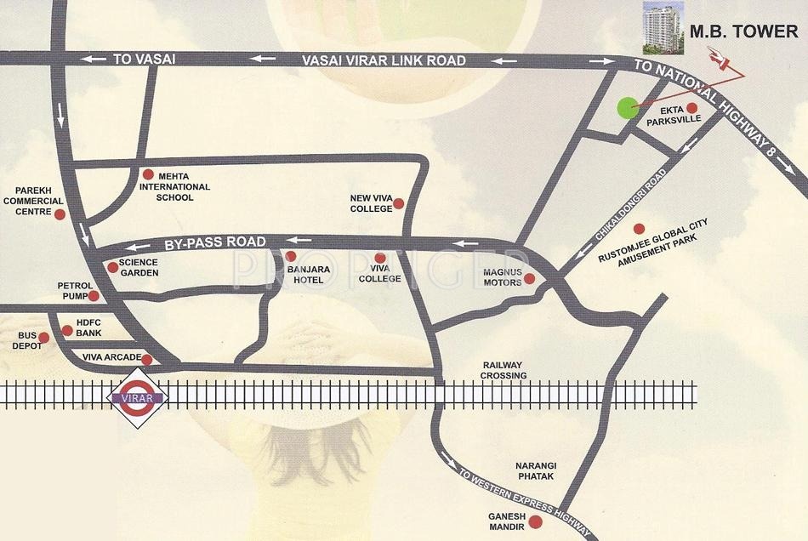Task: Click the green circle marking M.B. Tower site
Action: [626, 108]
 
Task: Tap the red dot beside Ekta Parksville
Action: [691, 107]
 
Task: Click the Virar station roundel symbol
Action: [136, 395]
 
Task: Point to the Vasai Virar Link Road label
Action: [384, 60]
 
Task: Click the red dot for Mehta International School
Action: [147, 173]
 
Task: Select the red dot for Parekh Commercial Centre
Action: [59, 214]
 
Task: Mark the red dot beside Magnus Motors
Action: [528, 278]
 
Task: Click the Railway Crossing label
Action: [503, 369]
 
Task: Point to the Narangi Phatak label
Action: [536, 471]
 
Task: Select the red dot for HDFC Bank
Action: [67, 329]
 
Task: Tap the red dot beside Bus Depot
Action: [44, 337]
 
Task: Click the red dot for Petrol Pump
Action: [94, 295]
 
